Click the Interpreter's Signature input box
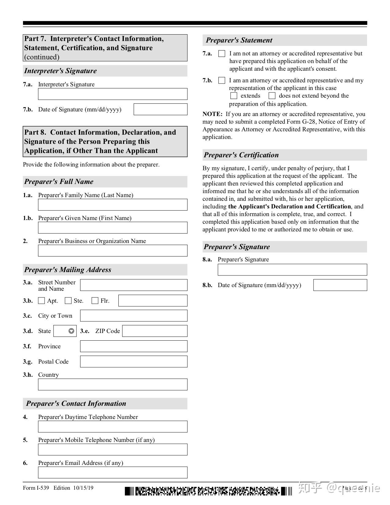pos(113,94)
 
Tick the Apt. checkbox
pos(41,301)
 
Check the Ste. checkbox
pos(68,301)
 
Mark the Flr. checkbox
pos(95,301)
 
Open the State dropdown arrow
pos(71,331)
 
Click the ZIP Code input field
pos(155,331)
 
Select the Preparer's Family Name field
pos(113,205)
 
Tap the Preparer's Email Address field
pos(113,472)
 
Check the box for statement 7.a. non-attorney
pos(222,54)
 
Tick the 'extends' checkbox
pos(234,96)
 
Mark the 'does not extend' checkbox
pos(272,96)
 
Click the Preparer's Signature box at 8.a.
pos(292,270)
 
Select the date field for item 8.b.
pos(340,285)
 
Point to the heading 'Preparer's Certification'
pos(241,155)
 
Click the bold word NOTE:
pos(212,114)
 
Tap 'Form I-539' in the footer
pos(36,488)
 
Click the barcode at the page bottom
pos(208,491)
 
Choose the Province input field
pos(134,346)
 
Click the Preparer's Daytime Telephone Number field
pos(113,426)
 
